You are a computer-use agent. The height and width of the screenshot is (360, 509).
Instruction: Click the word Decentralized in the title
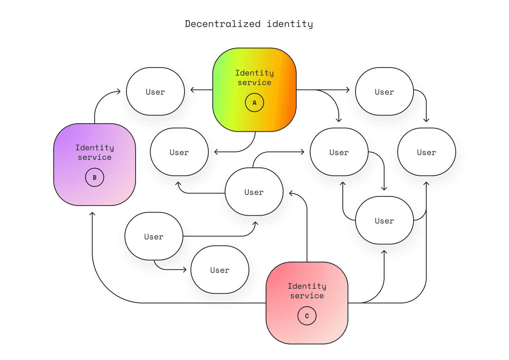point(222,24)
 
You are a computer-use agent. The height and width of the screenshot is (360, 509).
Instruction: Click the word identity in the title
point(290,24)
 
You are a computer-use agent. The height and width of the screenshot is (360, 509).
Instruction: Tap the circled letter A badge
point(254,103)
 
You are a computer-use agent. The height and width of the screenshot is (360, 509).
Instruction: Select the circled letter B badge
point(95,177)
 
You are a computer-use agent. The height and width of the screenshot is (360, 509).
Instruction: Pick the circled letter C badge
point(307,316)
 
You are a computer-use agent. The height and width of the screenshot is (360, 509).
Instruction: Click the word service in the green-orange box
point(254,83)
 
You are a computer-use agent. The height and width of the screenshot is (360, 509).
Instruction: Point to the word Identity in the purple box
point(95,148)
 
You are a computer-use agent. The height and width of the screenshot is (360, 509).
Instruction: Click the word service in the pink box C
point(307,296)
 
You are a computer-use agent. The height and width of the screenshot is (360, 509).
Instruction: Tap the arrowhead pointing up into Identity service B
point(92,214)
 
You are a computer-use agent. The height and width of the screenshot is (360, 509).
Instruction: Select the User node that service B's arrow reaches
point(155,92)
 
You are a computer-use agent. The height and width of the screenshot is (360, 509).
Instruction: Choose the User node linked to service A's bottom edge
point(179,152)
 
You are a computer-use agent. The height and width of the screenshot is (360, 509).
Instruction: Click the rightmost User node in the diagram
point(426,152)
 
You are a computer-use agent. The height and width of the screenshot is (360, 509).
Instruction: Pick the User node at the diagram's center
point(254,192)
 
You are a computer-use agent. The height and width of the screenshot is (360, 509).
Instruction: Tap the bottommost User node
point(220,270)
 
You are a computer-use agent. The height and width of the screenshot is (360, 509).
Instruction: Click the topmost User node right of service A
point(384,92)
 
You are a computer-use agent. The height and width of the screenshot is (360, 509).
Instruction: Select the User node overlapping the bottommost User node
point(153,237)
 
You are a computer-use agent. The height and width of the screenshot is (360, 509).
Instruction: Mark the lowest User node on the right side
point(384,221)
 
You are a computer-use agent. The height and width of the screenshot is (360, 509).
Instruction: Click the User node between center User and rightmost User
point(339,152)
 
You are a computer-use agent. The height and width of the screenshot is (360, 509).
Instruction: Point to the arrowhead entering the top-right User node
point(349,90)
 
